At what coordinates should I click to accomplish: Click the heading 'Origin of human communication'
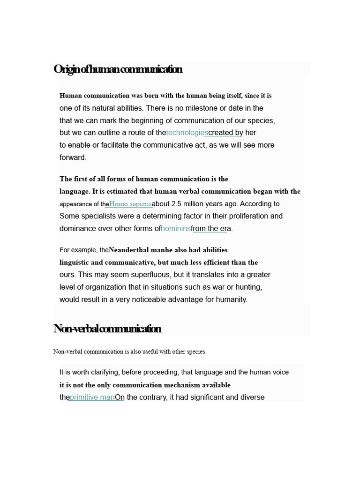click(x=118, y=69)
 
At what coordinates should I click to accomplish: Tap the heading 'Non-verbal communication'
click(x=107, y=329)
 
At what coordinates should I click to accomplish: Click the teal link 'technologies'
click(x=187, y=133)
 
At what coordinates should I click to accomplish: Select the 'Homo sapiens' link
click(x=130, y=204)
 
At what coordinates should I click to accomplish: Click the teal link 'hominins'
click(x=176, y=229)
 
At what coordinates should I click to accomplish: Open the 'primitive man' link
click(x=92, y=397)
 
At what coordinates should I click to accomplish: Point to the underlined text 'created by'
click(x=225, y=133)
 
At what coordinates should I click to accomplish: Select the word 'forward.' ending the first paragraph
click(x=73, y=157)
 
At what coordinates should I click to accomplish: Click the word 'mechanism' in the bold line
click(x=182, y=385)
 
